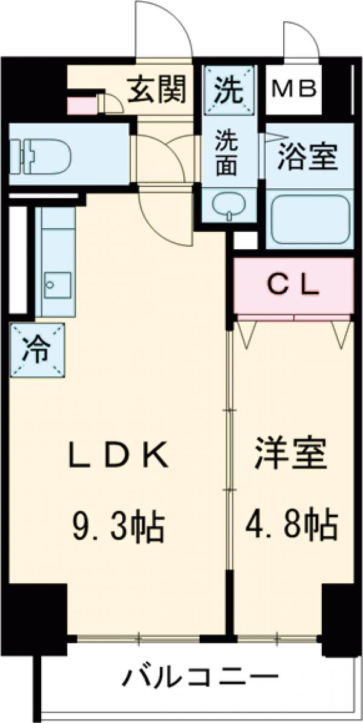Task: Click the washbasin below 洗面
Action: click(229, 206)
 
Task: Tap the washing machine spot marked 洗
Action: click(229, 91)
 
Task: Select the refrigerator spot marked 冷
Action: click(37, 349)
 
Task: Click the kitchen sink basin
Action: click(56, 284)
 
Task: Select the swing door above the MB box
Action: click(301, 42)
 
